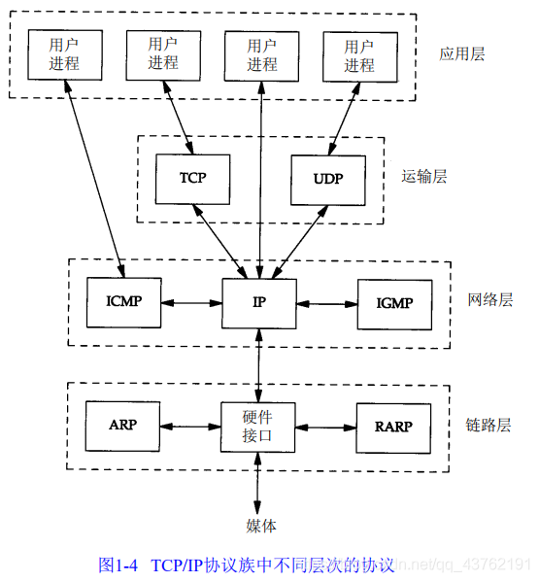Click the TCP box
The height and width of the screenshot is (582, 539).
(193, 179)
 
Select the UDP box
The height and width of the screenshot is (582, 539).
(328, 179)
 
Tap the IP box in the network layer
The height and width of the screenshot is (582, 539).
(259, 302)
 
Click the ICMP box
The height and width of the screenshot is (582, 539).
(123, 302)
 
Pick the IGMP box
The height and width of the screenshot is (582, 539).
(394, 303)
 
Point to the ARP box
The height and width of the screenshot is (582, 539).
(123, 426)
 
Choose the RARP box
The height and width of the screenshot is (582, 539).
(394, 426)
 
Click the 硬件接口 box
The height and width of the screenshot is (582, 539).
(259, 426)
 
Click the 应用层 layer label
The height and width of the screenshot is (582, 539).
(461, 53)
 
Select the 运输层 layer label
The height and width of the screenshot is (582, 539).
(424, 177)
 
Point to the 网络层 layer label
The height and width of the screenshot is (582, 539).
(489, 300)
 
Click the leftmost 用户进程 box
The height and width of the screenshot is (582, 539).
(63, 54)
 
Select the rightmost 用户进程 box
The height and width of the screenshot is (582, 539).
(358, 55)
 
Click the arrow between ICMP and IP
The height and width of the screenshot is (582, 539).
(191, 303)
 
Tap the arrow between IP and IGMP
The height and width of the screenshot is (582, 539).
(327, 303)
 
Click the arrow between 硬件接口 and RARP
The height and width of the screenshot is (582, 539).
(327, 426)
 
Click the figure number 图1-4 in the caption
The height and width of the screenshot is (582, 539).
(119, 565)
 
